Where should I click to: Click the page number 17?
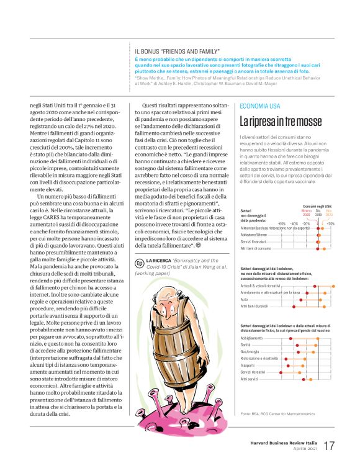point(329,446)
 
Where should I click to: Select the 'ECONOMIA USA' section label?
point(259,107)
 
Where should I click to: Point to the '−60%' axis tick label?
point(281,223)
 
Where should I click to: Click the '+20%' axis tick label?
point(330,223)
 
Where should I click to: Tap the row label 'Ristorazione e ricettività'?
point(259,358)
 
